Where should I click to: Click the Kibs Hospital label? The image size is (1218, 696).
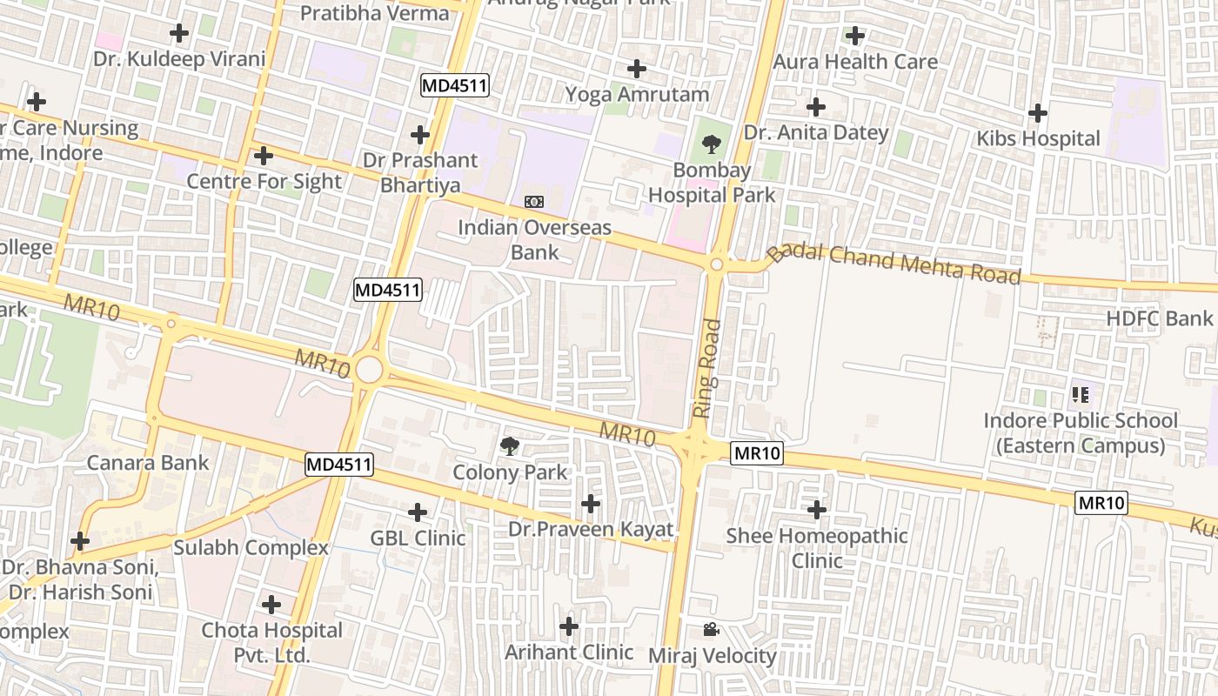pos(1038,138)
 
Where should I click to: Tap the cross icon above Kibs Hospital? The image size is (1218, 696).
pos(1037,113)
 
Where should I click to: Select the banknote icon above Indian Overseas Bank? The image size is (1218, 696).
pos(534,202)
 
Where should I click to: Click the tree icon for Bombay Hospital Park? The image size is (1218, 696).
pos(712,144)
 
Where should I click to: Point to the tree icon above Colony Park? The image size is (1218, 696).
pos(510,447)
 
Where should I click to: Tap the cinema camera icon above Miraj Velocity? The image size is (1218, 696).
pos(711,629)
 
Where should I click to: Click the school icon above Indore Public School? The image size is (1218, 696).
pos(1081,396)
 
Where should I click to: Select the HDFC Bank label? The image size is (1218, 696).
pos(1159,318)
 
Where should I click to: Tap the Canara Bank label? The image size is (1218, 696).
pos(148,462)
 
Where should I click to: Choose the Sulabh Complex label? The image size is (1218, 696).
pos(251,547)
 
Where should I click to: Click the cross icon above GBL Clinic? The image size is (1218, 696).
pos(418,512)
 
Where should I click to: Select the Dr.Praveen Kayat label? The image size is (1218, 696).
pos(591,529)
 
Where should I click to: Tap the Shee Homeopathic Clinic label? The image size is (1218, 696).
pos(817,547)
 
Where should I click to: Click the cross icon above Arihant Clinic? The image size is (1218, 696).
pos(569,626)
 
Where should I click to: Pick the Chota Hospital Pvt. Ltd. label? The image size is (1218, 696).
pos(271,641)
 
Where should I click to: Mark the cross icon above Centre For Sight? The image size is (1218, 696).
pos(264,157)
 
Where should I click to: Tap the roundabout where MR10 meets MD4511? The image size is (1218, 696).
pos(369,370)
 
